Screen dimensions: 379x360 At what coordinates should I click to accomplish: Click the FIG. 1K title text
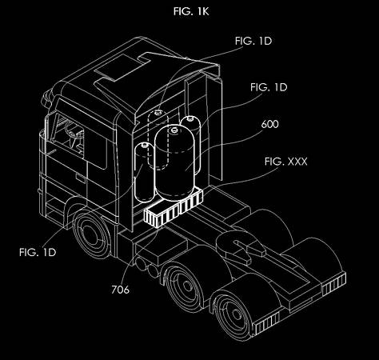tap(191, 11)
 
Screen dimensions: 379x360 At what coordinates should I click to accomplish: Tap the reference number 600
tap(269, 124)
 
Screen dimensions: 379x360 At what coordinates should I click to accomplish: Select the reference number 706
tap(120, 290)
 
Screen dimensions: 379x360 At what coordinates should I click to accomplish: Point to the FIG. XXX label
tap(286, 162)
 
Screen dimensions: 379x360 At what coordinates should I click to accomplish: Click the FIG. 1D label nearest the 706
tap(38, 252)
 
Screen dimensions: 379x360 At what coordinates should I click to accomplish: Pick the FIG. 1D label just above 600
tap(269, 87)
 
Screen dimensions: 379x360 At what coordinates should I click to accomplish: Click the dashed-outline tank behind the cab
tap(158, 140)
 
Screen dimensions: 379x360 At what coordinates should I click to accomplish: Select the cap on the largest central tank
tap(174, 130)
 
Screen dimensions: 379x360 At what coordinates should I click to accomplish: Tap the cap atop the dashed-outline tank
tap(158, 112)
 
